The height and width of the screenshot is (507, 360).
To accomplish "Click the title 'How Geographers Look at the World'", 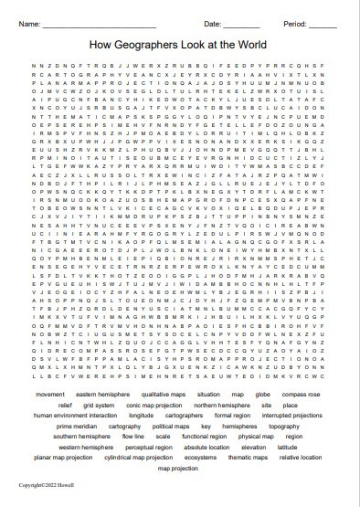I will [179, 43].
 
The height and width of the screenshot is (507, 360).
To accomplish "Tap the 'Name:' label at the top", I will [29, 23].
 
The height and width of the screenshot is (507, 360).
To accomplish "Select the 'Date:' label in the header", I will [212, 23].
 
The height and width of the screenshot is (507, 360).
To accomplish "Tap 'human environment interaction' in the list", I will [79, 415].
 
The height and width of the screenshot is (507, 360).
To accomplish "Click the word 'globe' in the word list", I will [263, 394].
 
